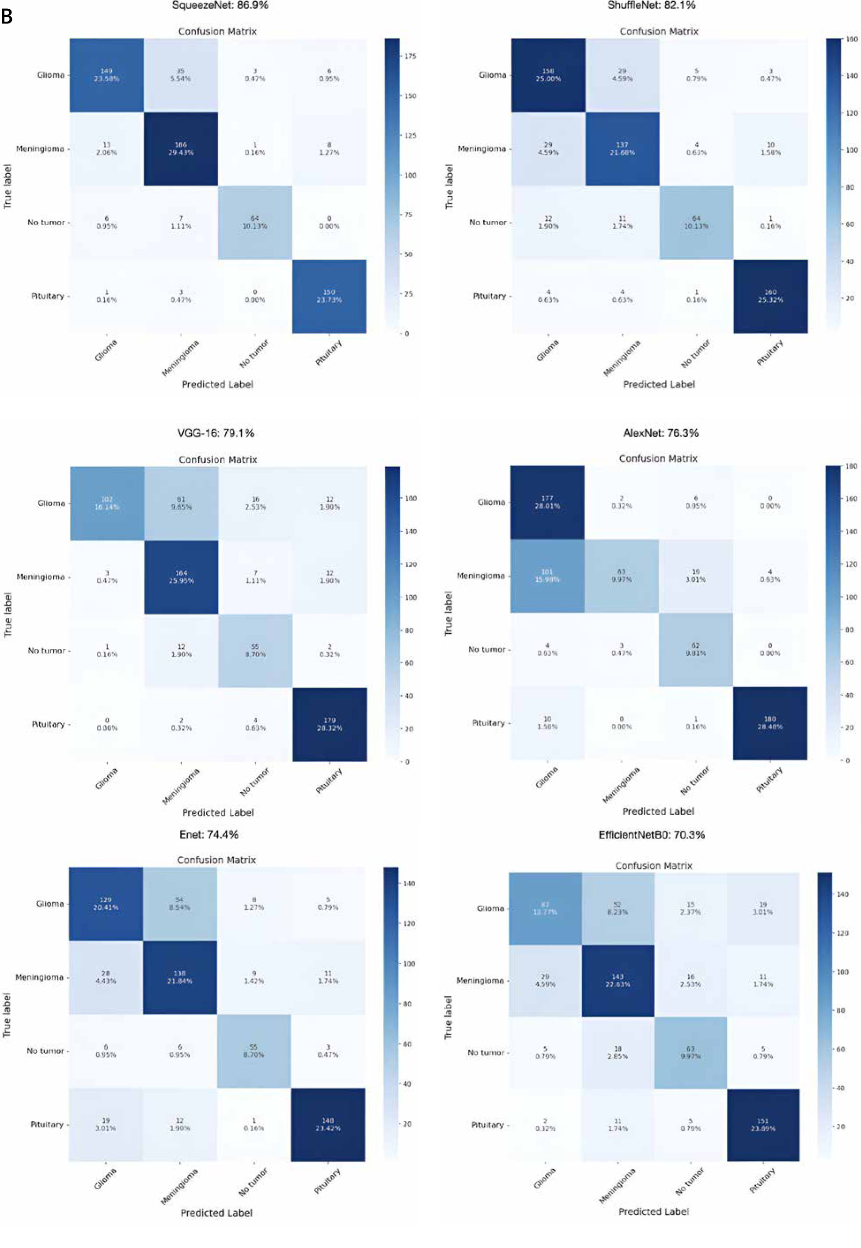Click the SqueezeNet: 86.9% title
pos(220,5)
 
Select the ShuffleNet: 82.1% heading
pos(651,5)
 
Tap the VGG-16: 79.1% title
pos(216,433)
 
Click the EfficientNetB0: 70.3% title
pos(651,834)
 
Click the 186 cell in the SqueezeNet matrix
pos(181,149)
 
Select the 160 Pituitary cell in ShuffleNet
pos(770,296)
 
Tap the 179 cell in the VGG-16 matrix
pos(330,724)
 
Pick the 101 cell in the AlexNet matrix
pos(547,575)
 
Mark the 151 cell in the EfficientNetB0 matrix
pos(762,1124)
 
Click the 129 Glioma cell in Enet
pos(106,904)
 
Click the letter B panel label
pos(7,17)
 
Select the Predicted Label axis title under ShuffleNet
pos(659,384)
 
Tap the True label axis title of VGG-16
pos(8,614)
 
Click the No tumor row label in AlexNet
pos(487,649)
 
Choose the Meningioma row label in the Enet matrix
pos(39,977)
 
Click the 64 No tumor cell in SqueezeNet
pos(254,222)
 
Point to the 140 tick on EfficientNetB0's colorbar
pos(842,894)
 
